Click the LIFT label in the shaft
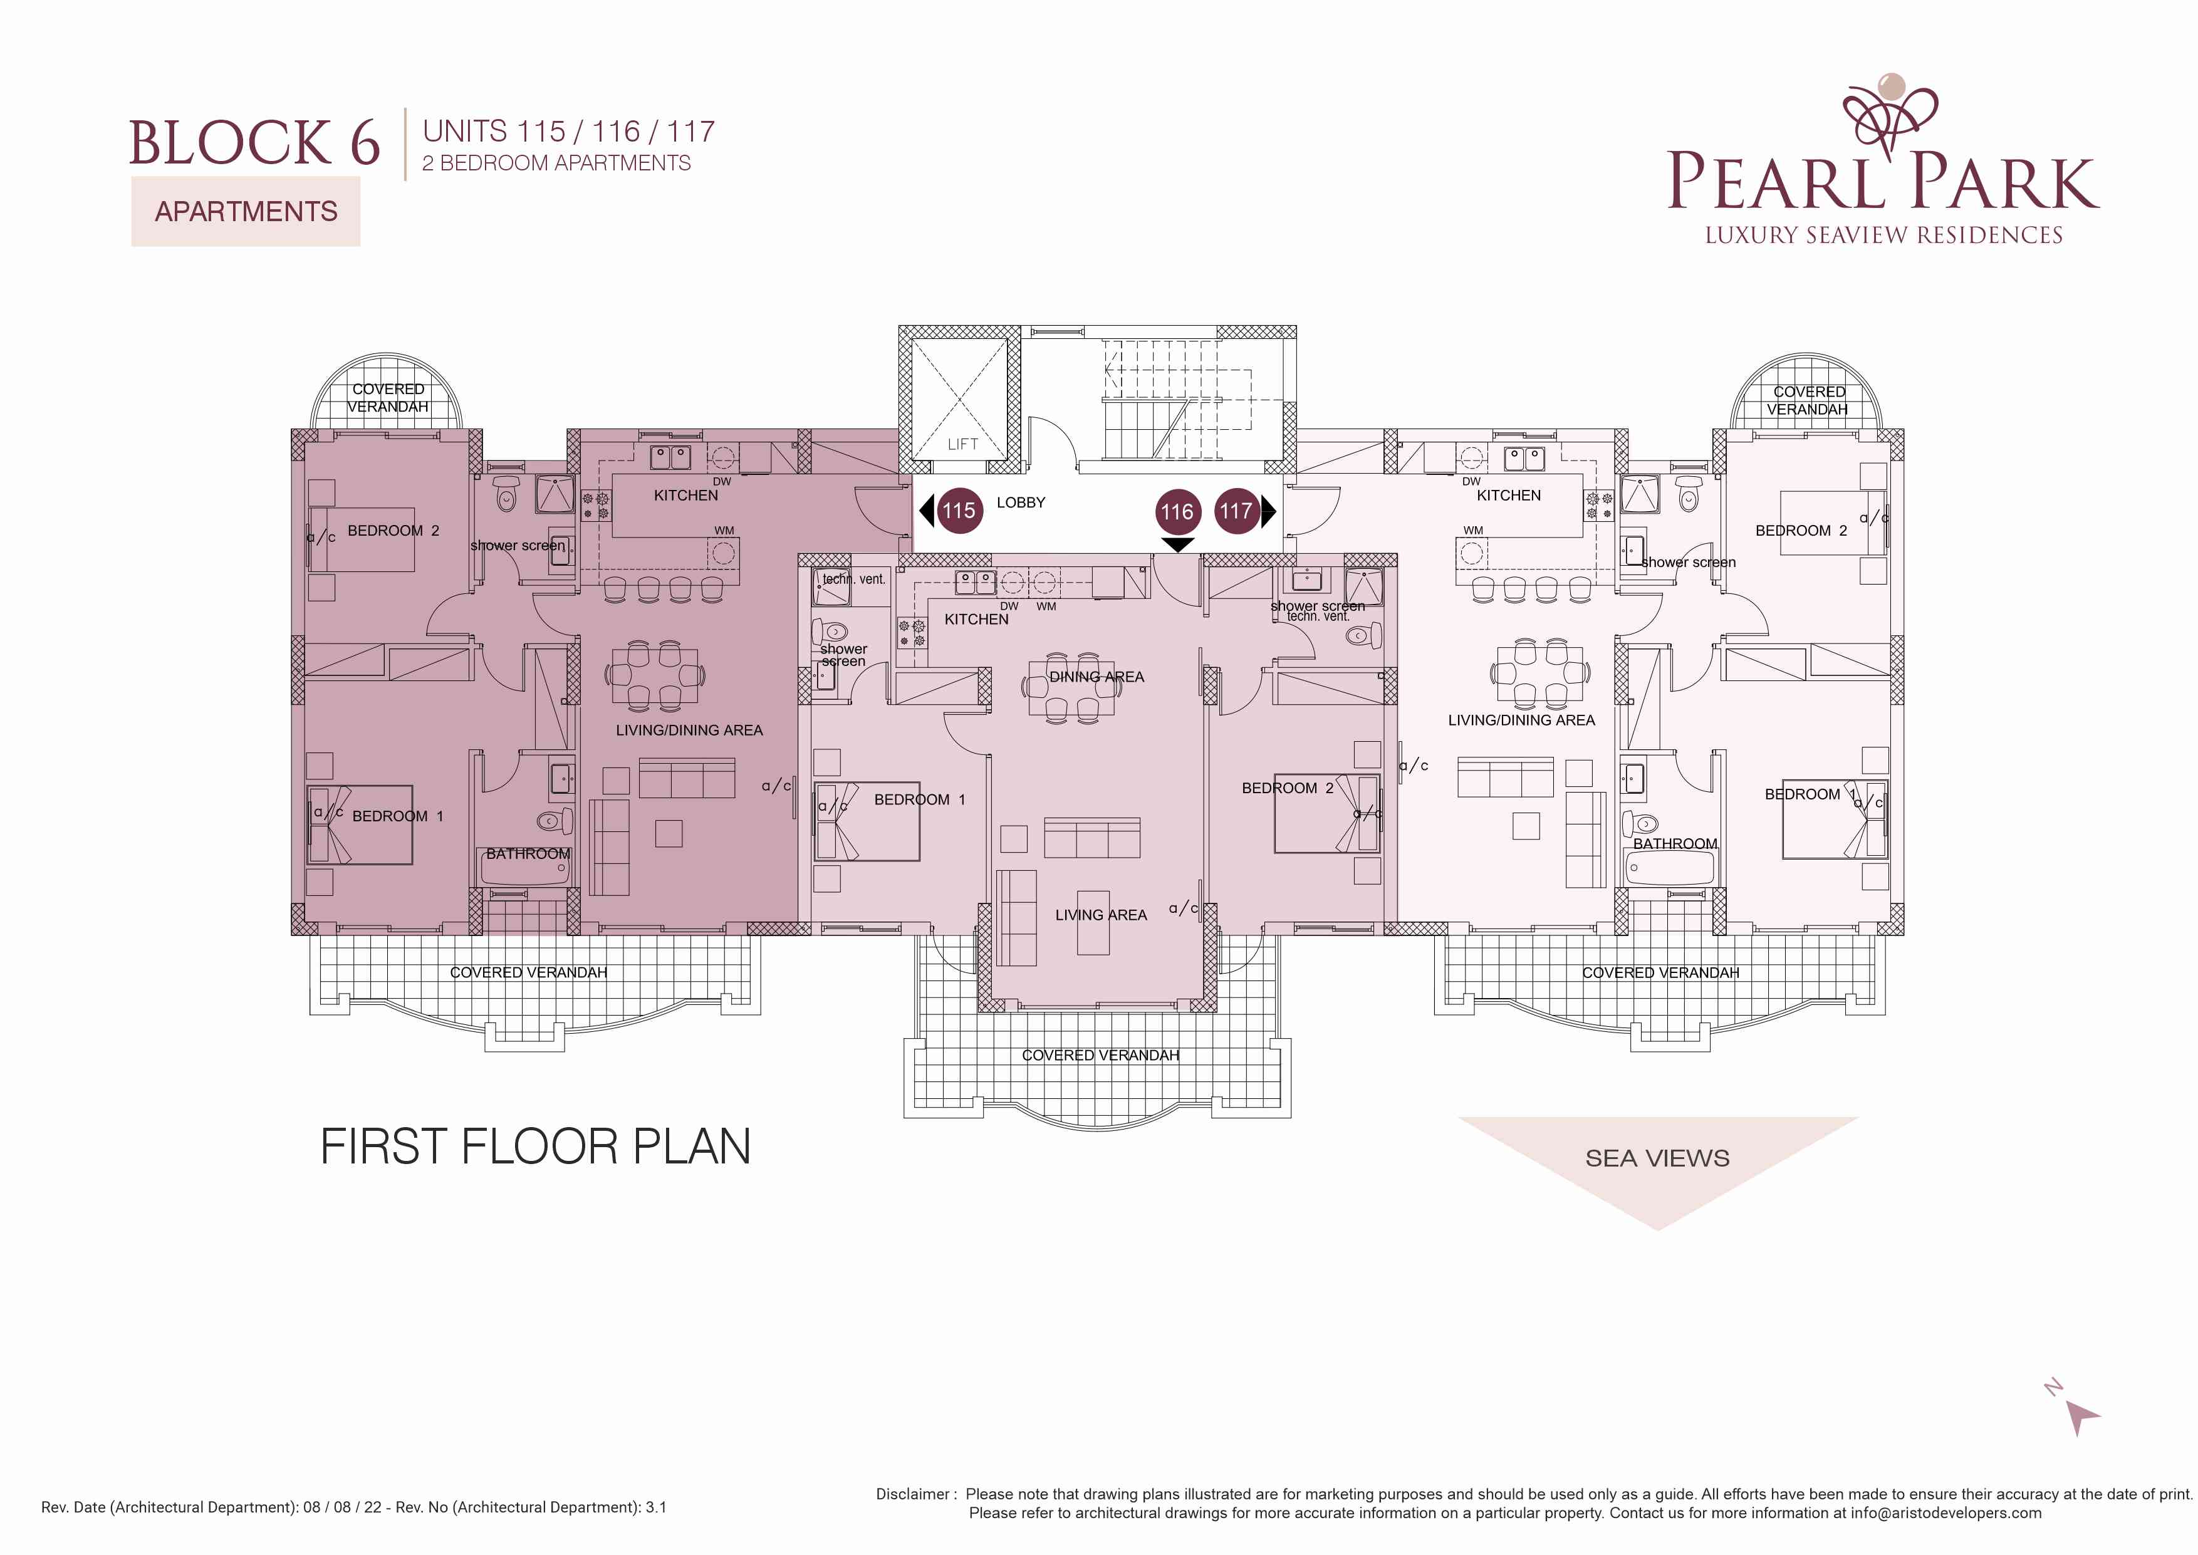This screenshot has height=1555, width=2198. [962, 444]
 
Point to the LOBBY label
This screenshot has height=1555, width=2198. [1021, 502]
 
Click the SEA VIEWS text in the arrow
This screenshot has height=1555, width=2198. [1657, 1158]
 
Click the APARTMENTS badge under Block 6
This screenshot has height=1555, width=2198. [246, 212]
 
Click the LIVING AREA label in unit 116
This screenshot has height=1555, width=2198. [1101, 915]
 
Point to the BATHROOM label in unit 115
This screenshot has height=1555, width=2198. [528, 854]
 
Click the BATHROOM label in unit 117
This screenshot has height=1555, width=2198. [1675, 843]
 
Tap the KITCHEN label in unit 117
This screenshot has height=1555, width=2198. [1509, 495]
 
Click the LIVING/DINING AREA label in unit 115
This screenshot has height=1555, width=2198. [689, 731]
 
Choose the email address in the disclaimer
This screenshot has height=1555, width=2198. [1945, 1514]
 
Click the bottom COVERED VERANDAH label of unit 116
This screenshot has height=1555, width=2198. [1100, 1055]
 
